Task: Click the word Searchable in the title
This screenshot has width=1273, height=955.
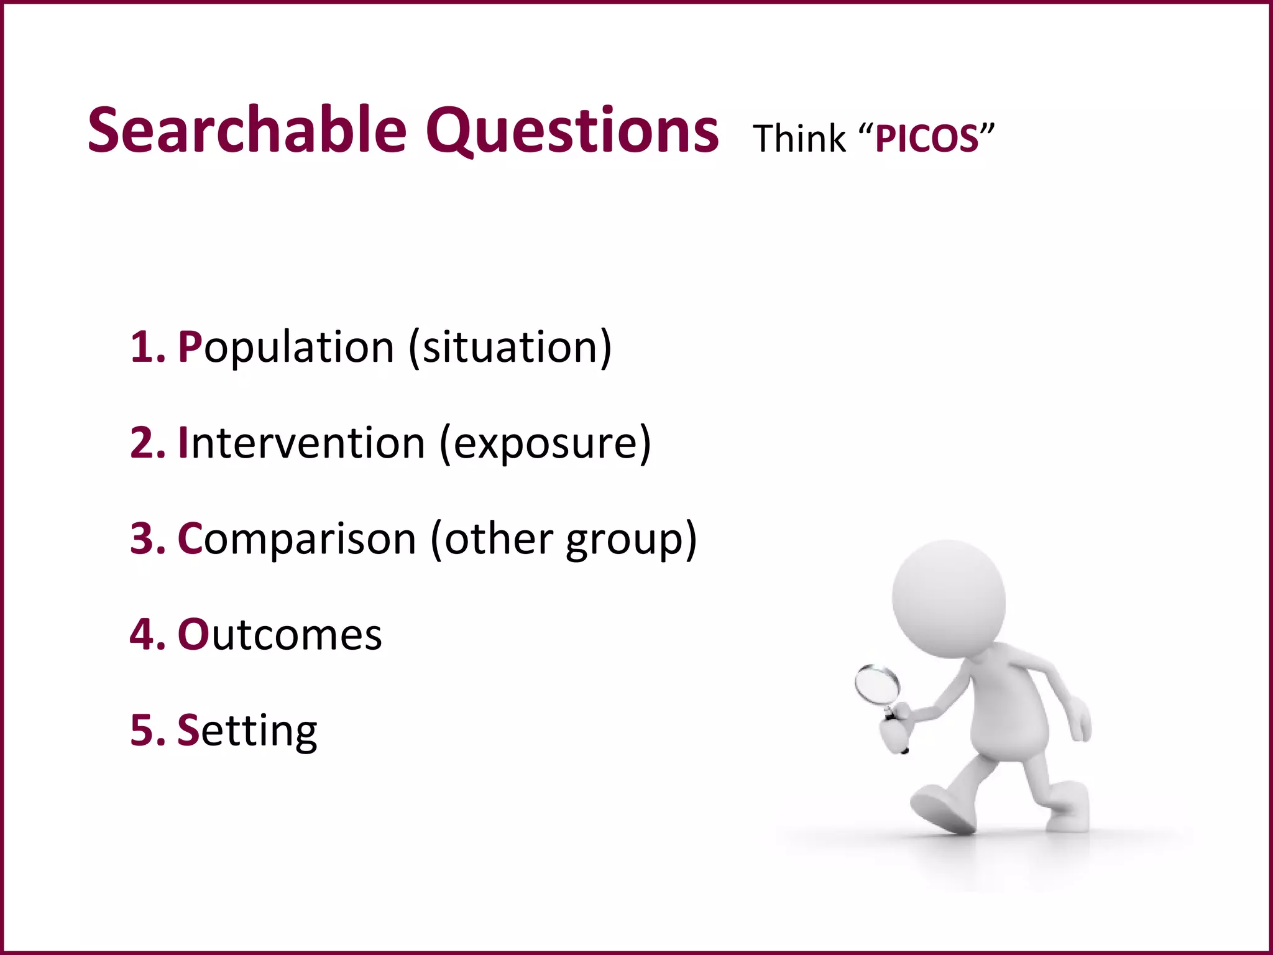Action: click(x=247, y=131)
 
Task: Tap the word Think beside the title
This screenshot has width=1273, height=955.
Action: click(x=799, y=139)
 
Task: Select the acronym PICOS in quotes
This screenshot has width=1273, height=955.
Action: click(x=927, y=139)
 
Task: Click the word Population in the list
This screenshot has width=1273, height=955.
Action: click(x=286, y=347)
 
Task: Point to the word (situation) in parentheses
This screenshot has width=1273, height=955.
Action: click(x=510, y=347)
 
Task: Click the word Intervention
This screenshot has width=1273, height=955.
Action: click(x=301, y=443)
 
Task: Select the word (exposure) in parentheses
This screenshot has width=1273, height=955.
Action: click(x=545, y=444)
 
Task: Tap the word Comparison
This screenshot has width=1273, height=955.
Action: click(x=296, y=538)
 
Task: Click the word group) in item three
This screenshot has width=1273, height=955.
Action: click(x=631, y=540)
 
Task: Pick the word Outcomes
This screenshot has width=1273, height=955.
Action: click(x=280, y=634)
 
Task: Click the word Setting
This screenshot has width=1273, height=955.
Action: click(x=247, y=731)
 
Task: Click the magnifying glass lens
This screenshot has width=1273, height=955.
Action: click(x=877, y=685)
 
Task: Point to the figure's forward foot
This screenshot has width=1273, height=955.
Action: click(x=942, y=808)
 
